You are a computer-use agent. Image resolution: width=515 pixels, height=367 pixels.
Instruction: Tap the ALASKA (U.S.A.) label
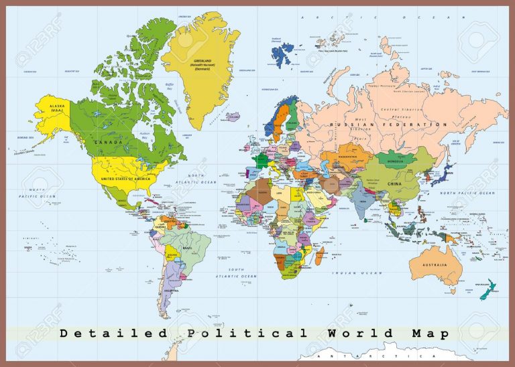(50, 106)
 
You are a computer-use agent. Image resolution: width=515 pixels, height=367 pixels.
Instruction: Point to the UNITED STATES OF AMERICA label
(126, 179)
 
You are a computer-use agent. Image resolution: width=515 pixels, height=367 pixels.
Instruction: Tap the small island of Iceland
(233, 117)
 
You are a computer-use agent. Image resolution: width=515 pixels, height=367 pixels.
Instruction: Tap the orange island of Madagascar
(320, 255)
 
